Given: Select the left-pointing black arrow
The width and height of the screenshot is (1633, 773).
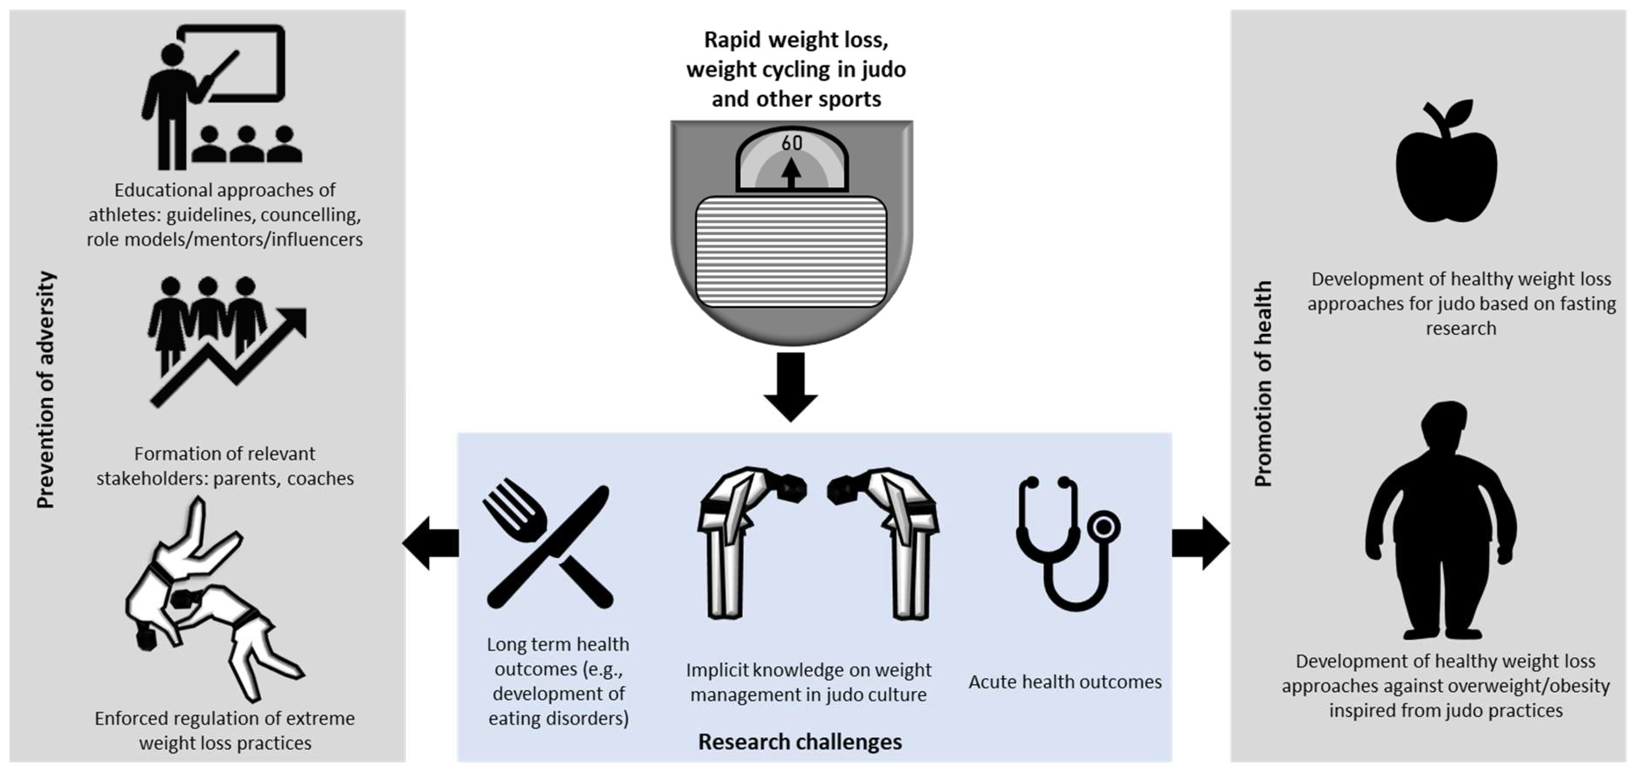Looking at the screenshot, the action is point(430,543).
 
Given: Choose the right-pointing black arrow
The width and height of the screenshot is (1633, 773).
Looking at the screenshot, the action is point(1200,543).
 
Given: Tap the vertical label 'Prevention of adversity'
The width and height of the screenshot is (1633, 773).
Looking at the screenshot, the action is point(46,390).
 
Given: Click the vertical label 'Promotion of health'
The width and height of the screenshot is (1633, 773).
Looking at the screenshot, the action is point(1263,383).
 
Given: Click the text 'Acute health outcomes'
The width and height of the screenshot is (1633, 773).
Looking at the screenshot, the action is point(1065,682).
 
